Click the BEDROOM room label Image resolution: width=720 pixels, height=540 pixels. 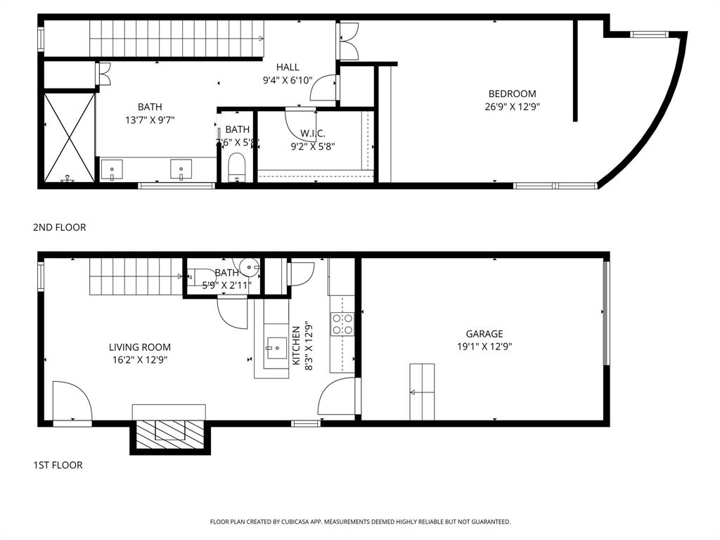(512, 94)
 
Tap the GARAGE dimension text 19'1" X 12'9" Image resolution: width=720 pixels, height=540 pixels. (484, 346)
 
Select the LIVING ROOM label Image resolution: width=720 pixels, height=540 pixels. (139, 347)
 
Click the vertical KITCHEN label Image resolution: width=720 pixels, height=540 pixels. (296, 345)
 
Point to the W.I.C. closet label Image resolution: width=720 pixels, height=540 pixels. (313, 134)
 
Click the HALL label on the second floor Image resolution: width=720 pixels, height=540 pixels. (288, 67)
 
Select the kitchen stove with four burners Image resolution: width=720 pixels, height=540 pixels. (342, 324)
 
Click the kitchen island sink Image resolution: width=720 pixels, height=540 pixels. (275, 346)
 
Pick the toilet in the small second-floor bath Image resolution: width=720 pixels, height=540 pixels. (237, 169)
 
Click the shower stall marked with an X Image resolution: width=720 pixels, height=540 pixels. (69, 137)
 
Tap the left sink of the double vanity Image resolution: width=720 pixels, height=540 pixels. (111, 169)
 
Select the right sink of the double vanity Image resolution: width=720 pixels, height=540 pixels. (181, 169)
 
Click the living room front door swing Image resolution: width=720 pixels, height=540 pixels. (72, 402)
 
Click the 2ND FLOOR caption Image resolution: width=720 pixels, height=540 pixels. (59, 227)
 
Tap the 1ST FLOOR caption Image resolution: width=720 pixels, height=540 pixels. (58, 465)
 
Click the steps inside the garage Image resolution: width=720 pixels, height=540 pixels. (422, 392)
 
